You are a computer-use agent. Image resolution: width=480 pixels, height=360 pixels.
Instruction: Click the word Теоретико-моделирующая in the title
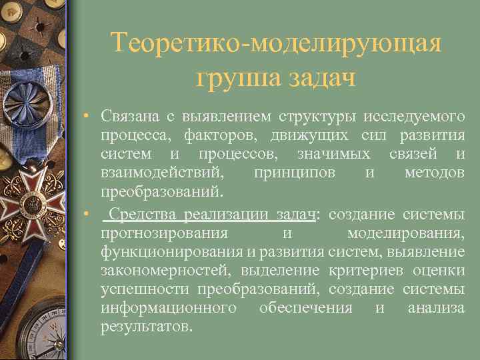[x=276, y=44]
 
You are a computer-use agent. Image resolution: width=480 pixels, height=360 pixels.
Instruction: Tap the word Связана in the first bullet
[x=129, y=117]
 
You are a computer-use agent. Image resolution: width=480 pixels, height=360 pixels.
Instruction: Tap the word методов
[x=435, y=173]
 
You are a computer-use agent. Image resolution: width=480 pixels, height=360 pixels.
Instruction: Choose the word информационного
[x=169, y=308]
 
